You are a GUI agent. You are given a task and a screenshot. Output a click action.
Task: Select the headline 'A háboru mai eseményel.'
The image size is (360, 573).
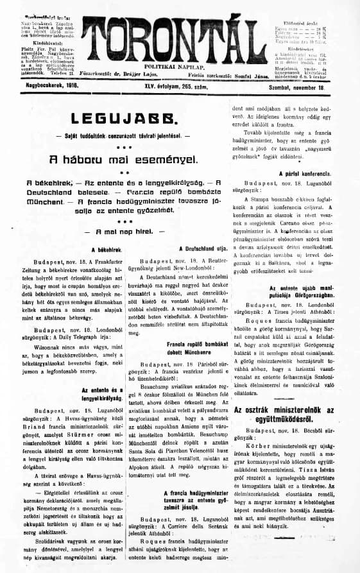click(x=117, y=158)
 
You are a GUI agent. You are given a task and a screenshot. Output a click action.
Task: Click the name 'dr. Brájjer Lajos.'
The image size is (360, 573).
click(x=155, y=74)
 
